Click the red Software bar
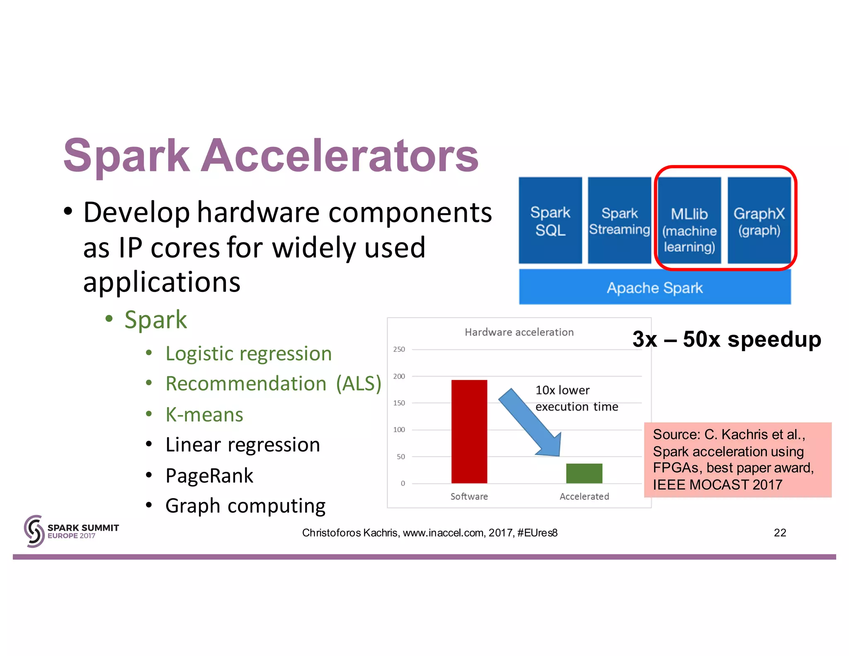pos(469,431)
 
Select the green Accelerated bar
pos(584,473)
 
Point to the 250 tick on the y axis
pos(399,350)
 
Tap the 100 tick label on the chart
pos(399,430)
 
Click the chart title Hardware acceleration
pos(519,332)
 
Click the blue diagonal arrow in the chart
pos(531,423)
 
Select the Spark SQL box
pos(550,221)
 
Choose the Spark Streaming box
pos(619,221)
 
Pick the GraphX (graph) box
pos(759,221)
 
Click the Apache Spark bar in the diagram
pos(655,287)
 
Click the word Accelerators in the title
pos(340,155)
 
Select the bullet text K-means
pos(204,414)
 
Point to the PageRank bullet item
pos(209,475)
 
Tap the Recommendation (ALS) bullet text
pos(273,384)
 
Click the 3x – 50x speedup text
pos(727,339)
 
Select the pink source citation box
pos(737,459)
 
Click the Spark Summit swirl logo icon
pos(34,531)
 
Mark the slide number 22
pos(780,532)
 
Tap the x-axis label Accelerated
pos(584,496)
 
